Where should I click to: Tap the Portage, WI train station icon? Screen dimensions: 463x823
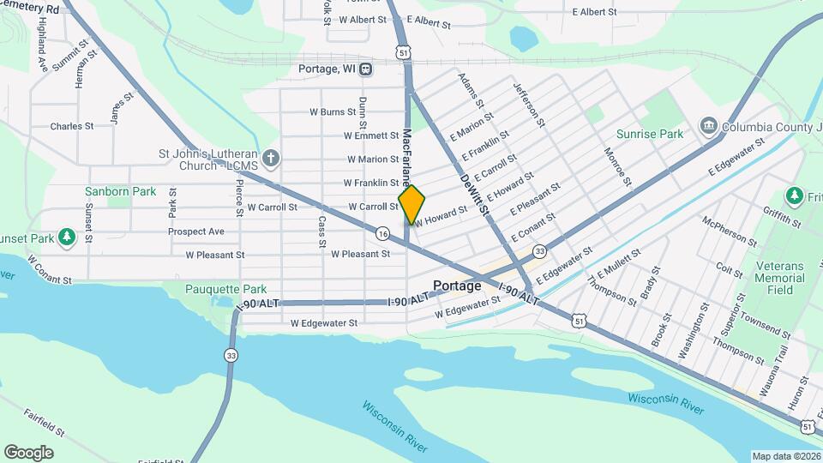[x=366, y=69]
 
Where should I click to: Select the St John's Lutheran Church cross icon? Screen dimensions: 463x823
[x=270, y=158]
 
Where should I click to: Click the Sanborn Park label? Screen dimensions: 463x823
[x=121, y=191]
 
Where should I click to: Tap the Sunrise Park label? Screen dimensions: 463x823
[x=650, y=134]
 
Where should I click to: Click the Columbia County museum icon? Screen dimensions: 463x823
[x=709, y=127]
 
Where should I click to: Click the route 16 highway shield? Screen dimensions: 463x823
[x=382, y=233]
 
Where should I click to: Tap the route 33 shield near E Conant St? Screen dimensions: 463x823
[x=539, y=251]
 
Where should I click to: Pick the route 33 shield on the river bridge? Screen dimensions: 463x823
[x=231, y=355]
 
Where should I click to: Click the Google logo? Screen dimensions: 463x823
[x=28, y=452]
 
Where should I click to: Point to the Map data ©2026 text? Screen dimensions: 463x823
[x=785, y=456]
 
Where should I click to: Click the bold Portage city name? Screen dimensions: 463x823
[x=457, y=286]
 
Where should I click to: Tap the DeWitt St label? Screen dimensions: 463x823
[x=474, y=195]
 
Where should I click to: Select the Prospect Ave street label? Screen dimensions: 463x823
[x=196, y=231]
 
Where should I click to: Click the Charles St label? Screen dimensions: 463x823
[x=71, y=126]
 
